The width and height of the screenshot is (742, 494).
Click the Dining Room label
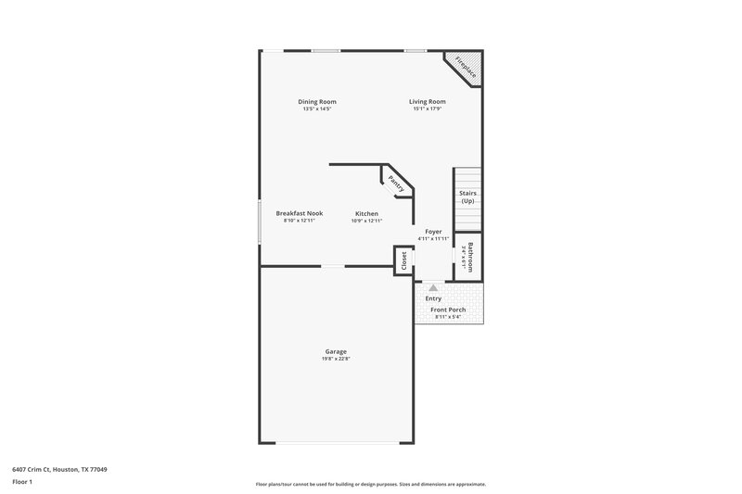(x=317, y=101)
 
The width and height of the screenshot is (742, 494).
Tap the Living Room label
(x=428, y=101)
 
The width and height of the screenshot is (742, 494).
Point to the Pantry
(x=396, y=182)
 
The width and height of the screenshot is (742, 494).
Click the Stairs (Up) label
(x=467, y=197)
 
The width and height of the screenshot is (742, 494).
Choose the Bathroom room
(x=468, y=256)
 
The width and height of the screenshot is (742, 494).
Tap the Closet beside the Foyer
(x=403, y=260)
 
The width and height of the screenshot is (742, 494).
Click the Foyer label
(x=433, y=231)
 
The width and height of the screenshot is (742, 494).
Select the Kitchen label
(x=366, y=213)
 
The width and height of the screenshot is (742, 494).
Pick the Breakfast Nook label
(x=299, y=213)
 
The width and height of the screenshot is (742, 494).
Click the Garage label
(x=336, y=351)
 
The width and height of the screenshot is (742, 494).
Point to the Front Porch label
(x=448, y=310)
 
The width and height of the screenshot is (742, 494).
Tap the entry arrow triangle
(x=433, y=288)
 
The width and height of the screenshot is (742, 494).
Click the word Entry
(x=433, y=298)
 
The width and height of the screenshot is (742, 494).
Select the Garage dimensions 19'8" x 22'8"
(x=336, y=359)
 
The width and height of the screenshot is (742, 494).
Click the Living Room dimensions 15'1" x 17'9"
(x=428, y=108)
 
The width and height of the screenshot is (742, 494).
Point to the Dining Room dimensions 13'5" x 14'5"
(x=317, y=108)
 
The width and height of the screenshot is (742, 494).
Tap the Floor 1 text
(x=21, y=483)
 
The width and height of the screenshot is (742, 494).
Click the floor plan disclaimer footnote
(x=371, y=484)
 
